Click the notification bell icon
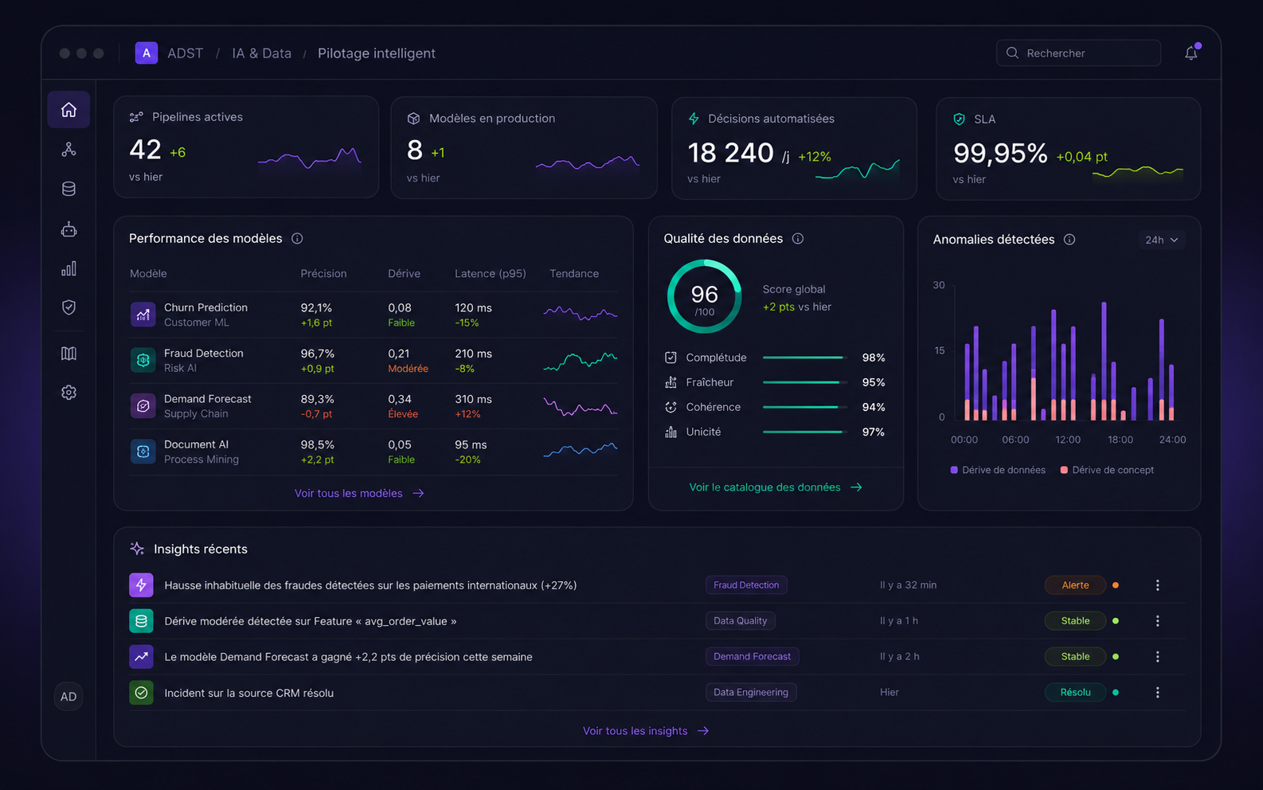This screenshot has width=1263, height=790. [x=1191, y=53]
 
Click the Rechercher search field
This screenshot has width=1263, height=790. [x=1078, y=53]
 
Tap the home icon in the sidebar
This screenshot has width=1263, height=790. [x=68, y=109]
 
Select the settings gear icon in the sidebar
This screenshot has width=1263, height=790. [x=68, y=393]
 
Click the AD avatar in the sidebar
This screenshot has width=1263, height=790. [x=68, y=696]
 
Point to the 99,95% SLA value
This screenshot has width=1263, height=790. [x=999, y=153]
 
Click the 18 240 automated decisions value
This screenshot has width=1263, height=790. [x=730, y=153]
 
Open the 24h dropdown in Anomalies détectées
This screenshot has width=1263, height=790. [x=1162, y=240]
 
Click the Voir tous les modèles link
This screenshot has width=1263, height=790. [x=359, y=494]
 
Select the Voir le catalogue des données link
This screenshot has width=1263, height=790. [x=776, y=487]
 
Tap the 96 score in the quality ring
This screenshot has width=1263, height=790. [x=704, y=294]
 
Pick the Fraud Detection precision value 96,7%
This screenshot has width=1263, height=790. [x=318, y=354]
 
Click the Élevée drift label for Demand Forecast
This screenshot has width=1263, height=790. [x=403, y=414]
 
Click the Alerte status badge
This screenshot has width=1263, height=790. [x=1075, y=585]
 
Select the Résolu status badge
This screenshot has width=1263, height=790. [x=1075, y=693]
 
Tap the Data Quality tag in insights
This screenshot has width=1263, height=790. [x=740, y=621]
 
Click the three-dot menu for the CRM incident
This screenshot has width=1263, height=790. [x=1157, y=693]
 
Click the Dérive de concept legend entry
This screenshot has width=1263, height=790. [x=1107, y=471]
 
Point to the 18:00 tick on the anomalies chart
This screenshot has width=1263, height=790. [x=1120, y=440]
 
